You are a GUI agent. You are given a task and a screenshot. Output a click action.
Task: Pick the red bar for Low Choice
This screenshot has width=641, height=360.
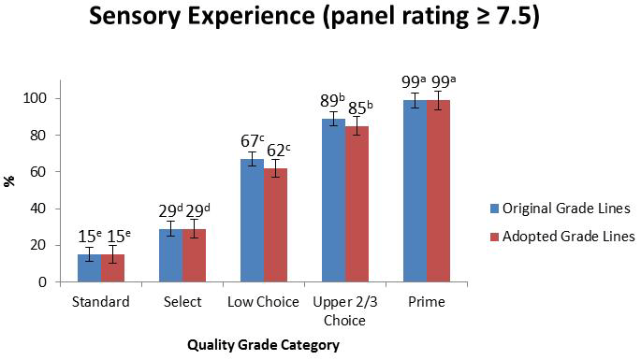point(275,225)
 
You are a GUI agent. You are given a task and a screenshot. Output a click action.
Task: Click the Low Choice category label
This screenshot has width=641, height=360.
point(263,303)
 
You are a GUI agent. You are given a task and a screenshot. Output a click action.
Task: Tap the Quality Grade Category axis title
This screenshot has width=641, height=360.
point(263,344)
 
